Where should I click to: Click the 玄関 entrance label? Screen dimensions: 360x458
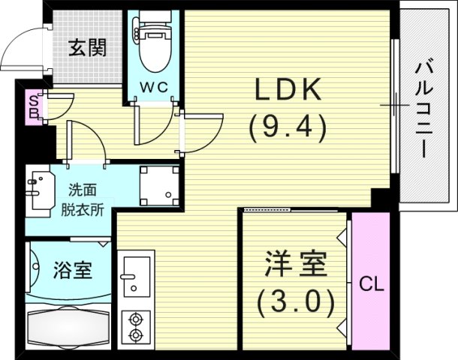click(89, 48)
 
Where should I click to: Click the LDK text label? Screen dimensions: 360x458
click(288, 90)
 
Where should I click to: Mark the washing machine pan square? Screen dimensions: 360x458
click(158, 183)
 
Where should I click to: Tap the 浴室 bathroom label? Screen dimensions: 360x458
click(73, 270)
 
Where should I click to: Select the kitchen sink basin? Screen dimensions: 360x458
click(136, 275)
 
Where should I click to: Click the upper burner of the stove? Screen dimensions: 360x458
click(136, 316)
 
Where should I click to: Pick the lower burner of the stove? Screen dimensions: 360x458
click(136, 334)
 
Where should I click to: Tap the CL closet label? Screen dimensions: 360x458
click(369, 283)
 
